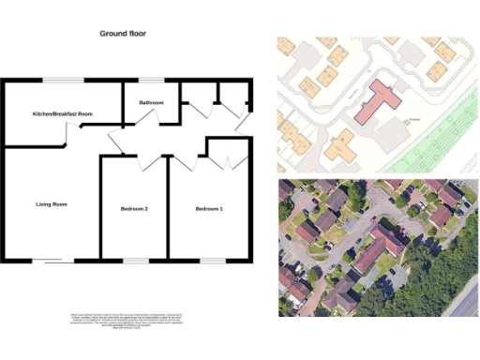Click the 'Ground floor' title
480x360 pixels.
pos(123,33)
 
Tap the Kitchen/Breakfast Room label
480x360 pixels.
pos(62,113)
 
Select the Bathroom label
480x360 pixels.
pos(152,102)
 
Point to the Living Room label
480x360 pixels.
pos(51,203)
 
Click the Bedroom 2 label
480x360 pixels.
pos(134,208)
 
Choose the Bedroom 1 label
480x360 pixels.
pos(209,208)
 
